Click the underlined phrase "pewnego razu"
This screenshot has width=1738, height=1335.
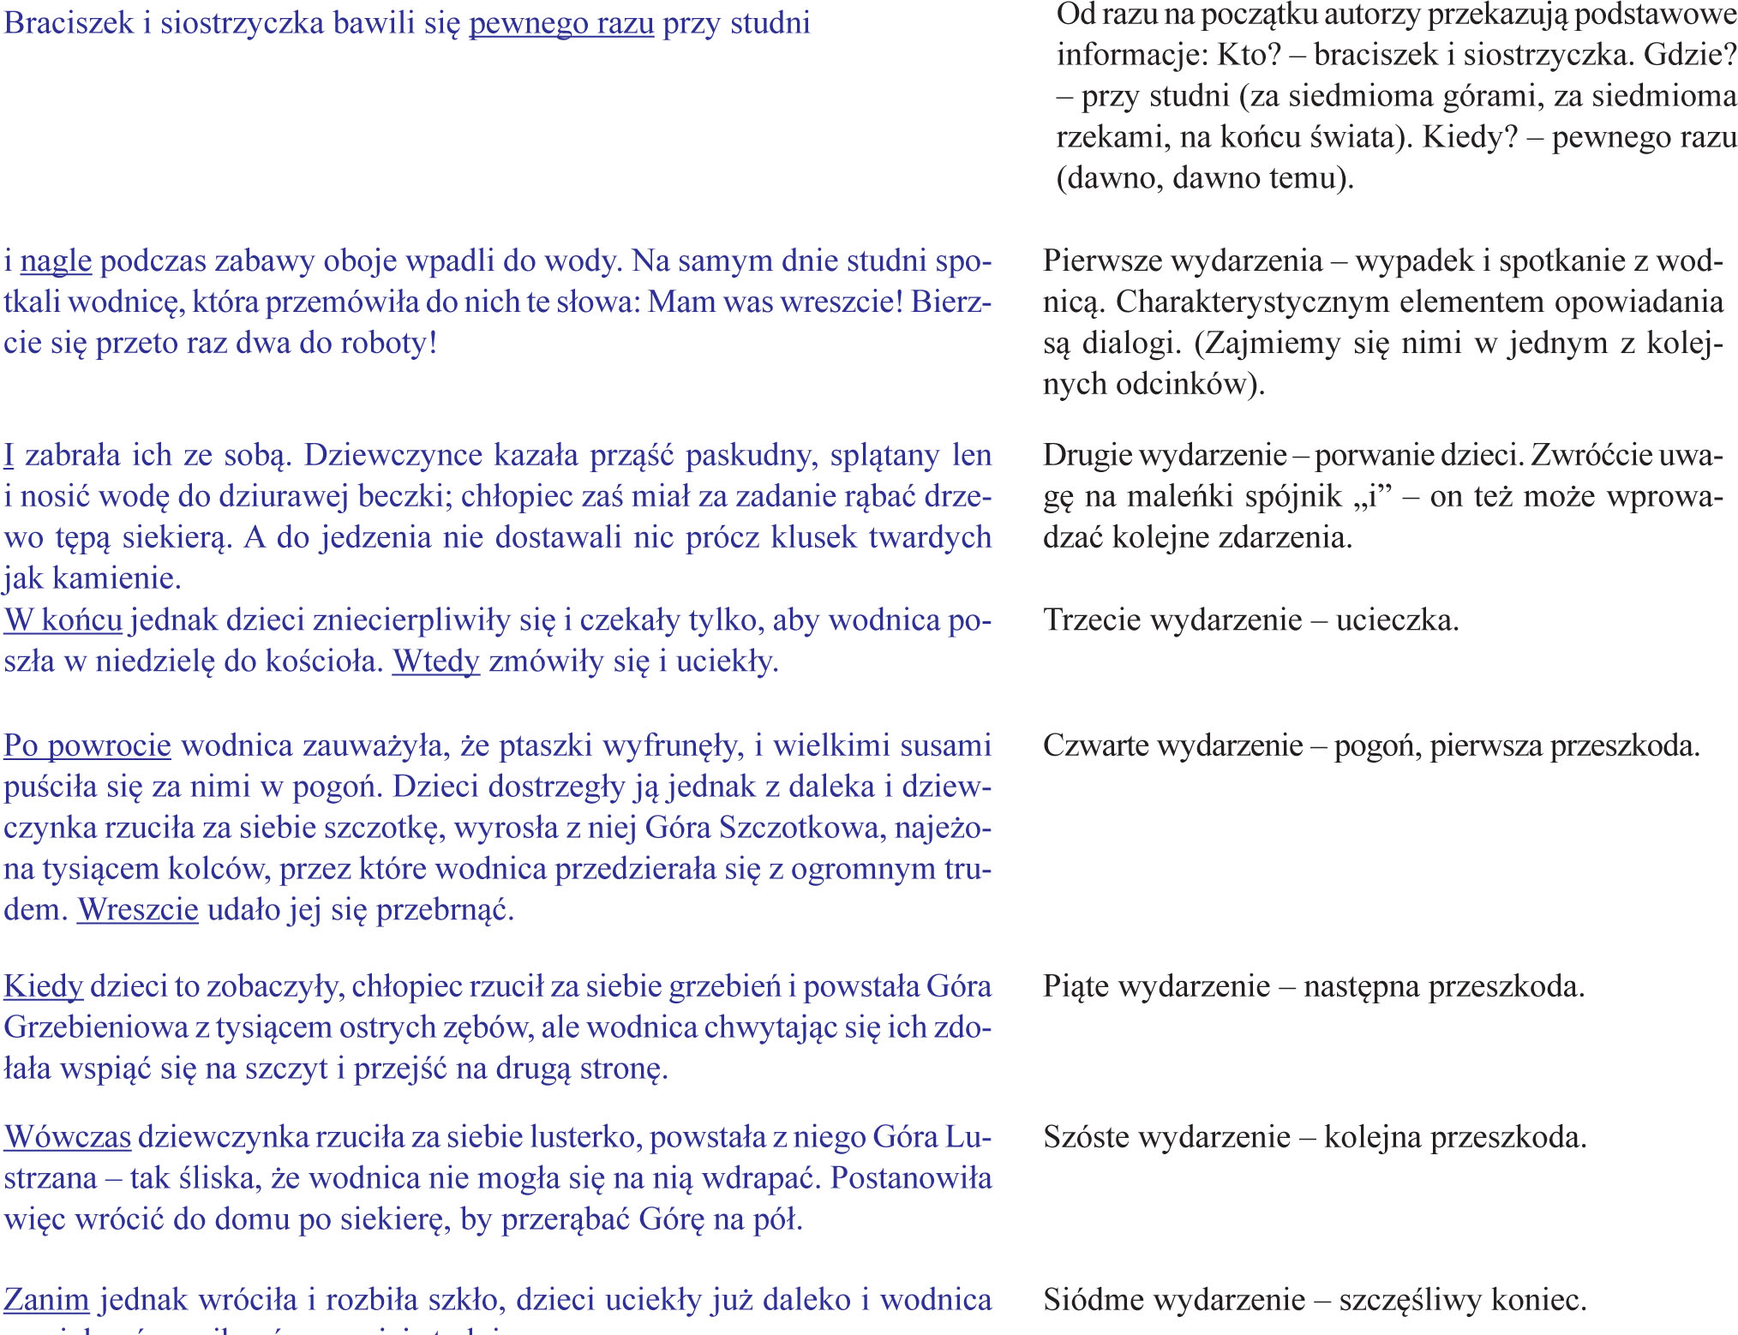coord(561,23)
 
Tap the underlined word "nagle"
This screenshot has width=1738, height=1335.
coord(56,260)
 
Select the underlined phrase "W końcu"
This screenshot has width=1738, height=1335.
coord(63,620)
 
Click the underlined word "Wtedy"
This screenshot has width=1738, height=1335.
coord(435,662)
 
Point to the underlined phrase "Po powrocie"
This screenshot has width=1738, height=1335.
coord(87,745)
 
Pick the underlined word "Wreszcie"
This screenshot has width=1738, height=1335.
coord(138,909)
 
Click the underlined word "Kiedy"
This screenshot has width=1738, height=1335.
coord(43,986)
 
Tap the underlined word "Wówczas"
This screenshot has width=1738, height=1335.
coord(68,1137)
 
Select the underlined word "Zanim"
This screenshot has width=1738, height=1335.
coord(46,1300)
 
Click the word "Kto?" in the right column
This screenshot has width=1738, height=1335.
coord(1249,55)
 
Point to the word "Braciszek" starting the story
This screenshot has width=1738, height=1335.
coord(69,23)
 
